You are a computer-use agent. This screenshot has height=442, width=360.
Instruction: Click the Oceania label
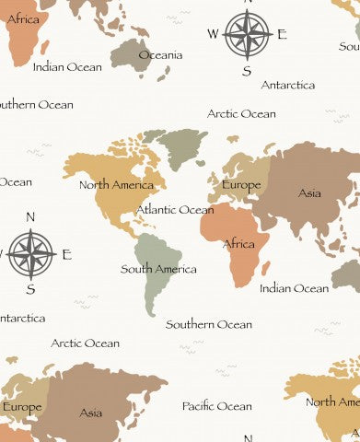[160, 55]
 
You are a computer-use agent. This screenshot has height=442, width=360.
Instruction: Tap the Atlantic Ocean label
[175, 210]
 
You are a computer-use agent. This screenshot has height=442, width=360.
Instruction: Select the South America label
[158, 270]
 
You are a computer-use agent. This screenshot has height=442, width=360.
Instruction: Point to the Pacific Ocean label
[216, 406]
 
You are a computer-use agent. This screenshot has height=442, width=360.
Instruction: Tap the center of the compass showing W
[247, 34]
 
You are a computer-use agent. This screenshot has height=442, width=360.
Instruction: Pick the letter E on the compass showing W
[282, 35]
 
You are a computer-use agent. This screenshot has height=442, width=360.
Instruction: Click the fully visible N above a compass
[30, 217]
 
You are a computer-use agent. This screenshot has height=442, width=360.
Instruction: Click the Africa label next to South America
[239, 244]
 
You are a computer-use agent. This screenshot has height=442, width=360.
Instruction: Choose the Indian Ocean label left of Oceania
[67, 67]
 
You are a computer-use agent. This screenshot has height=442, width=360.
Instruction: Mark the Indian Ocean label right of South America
[294, 288]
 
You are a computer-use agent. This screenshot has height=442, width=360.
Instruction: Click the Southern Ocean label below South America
[208, 324]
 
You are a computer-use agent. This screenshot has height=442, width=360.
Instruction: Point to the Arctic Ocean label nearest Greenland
[241, 114]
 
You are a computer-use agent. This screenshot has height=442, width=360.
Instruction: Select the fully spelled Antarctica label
[287, 85]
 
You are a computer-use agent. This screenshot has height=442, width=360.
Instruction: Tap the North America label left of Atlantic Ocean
[116, 185]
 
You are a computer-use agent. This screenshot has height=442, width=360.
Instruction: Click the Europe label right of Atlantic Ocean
[241, 185]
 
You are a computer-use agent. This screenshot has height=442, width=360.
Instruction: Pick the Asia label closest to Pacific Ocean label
[90, 413]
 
